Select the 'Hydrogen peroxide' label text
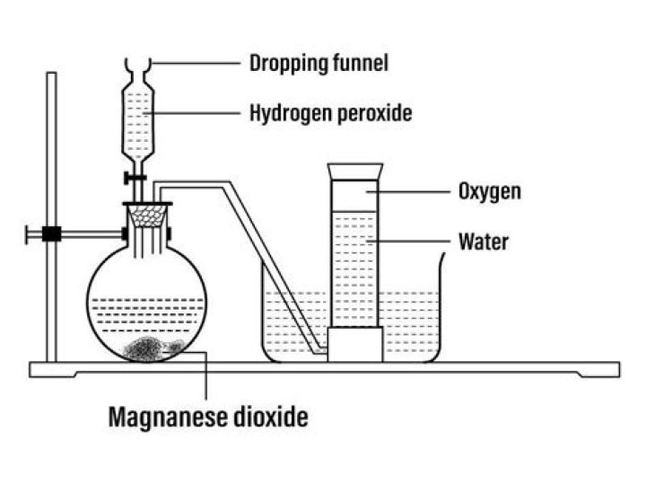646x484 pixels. [x=330, y=114]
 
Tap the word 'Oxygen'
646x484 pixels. [x=490, y=191]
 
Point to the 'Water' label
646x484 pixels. [x=483, y=241]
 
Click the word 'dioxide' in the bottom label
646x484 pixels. [x=270, y=417]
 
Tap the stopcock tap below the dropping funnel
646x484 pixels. [x=137, y=180]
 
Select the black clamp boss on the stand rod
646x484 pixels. [x=52, y=234]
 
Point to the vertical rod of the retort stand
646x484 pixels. [x=52, y=144]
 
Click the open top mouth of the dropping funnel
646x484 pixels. [x=137, y=64]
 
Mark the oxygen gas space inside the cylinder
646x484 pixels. [x=355, y=198]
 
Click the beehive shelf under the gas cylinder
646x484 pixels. [x=354, y=345]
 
